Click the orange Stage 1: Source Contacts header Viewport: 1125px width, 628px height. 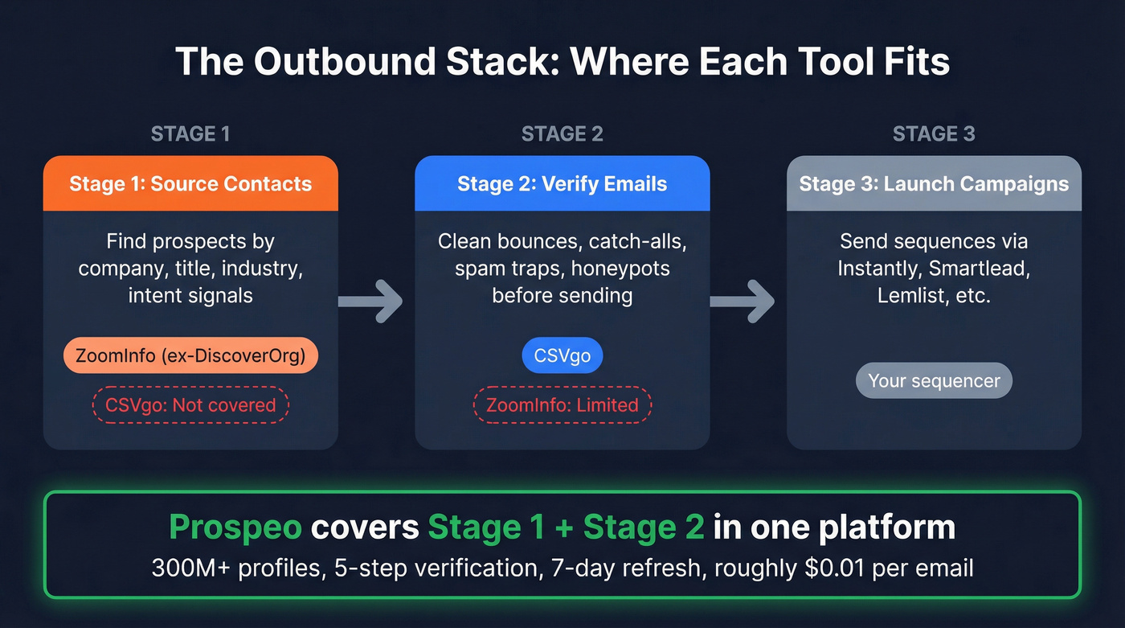(190, 183)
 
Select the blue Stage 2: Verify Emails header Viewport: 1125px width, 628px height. (562, 183)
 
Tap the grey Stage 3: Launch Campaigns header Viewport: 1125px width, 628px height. (934, 183)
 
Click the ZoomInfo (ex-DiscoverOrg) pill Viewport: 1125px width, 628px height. (190, 355)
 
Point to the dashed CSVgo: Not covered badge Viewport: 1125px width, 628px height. (190, 405)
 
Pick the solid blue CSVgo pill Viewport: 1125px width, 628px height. (562, 355)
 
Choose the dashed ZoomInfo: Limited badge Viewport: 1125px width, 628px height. (562, 405)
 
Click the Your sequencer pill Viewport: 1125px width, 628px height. (934, 380)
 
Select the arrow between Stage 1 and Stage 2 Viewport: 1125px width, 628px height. (370, 302)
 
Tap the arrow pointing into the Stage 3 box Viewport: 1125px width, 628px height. (742, 302)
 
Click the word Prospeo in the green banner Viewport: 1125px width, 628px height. (235, 527)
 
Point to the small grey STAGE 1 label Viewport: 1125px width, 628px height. (190, 133)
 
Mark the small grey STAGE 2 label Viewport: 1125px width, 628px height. (562, 133)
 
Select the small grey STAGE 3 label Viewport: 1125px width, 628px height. (934, 133)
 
